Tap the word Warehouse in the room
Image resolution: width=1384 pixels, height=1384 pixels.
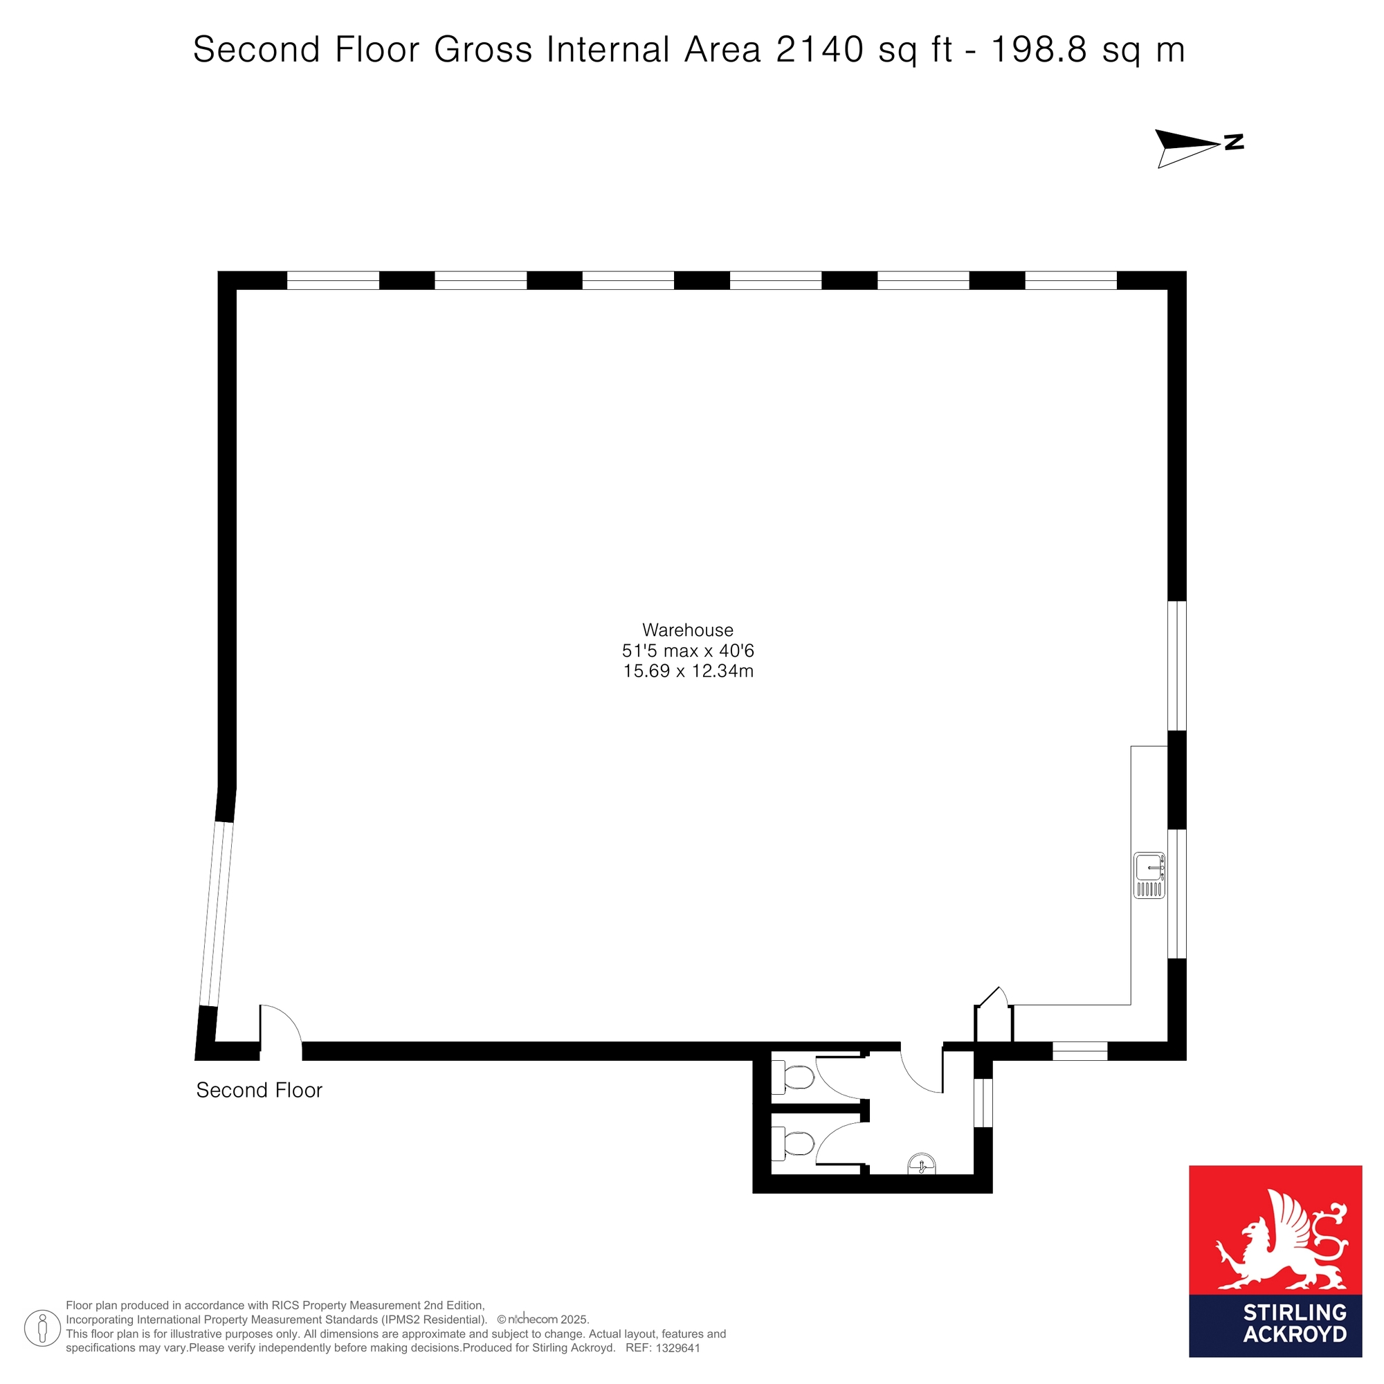click(688, 630)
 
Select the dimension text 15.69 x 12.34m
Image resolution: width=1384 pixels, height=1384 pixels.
click(688, 671)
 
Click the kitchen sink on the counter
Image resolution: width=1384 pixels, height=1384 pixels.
click(1149, 875)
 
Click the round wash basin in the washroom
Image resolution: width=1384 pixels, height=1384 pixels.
click(921, 1164)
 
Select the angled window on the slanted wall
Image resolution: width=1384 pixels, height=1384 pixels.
click(217, 914)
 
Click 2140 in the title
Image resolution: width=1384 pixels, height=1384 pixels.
click(819, 50)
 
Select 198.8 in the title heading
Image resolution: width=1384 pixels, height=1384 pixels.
click(1039, 50)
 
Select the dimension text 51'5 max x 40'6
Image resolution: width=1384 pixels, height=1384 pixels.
click(688, 650)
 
